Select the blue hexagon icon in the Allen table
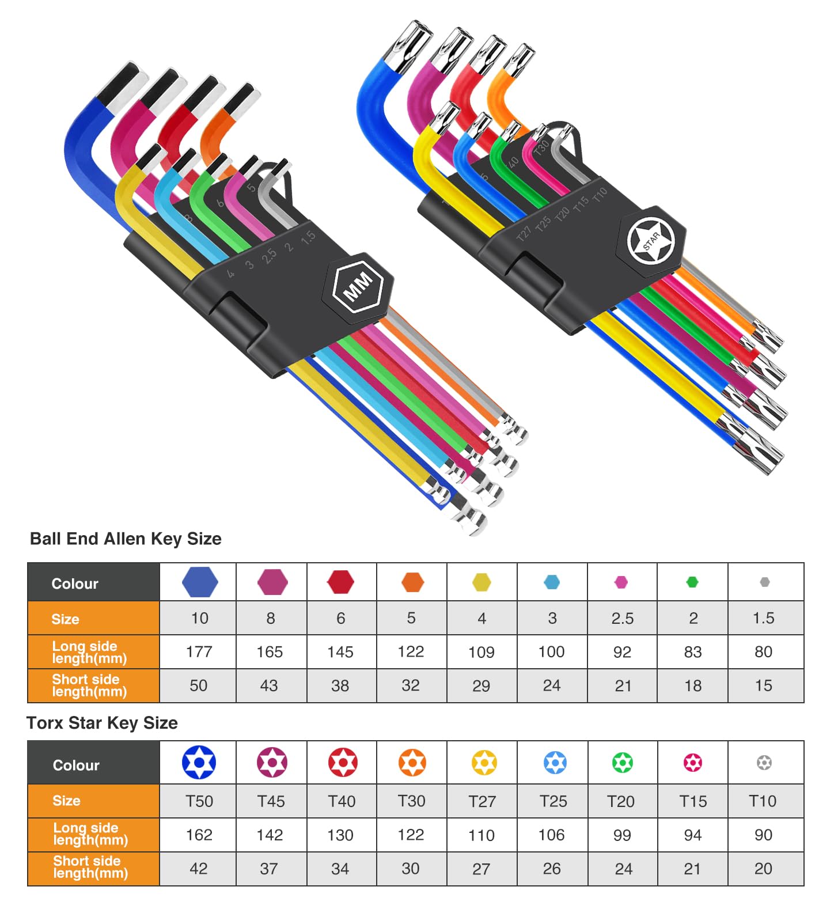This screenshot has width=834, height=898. coord(200,582)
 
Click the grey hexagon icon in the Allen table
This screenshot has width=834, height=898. coord(764,582)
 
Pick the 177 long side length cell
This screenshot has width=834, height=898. coord(199,651)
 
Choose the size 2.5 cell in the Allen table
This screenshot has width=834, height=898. coord(623,618)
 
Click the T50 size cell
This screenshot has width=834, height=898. coord(199,801)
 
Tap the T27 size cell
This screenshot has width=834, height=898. coord(482,801)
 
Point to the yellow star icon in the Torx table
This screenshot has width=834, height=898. coord(484,763)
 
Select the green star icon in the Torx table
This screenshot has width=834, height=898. coord(623,763)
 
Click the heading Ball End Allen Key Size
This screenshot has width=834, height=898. coord(126,539)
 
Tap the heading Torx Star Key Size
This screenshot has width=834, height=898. coord(102,722)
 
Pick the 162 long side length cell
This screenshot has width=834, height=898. coord(199,835)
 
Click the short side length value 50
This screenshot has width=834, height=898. coord(199,685)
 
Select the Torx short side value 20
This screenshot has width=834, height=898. coord(763,869)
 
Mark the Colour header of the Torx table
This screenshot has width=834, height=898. coord(76,765)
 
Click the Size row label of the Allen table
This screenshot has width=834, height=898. coord(65,619)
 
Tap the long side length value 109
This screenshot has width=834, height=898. coord(482,652)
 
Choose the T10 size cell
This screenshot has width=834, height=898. coord(763,801)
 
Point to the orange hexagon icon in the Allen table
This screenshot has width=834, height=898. coord(413,582)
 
